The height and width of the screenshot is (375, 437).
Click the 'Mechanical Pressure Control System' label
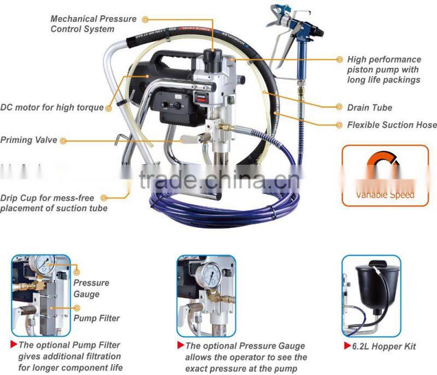pos(93,24)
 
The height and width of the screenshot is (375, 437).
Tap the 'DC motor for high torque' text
pos(52,107)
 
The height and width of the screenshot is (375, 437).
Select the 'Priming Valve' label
pos(28,140)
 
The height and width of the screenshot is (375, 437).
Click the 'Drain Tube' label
pos(369,108)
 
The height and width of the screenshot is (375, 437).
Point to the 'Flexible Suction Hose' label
pos(392,125)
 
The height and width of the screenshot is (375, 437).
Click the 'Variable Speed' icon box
pos(385,175)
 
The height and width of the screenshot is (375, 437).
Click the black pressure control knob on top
pos(210,57)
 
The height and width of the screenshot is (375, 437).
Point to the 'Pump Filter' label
pos(96,318)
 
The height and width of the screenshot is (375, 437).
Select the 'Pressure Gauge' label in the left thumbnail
pos(91,289)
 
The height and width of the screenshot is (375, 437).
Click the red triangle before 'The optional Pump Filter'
pos(14,344)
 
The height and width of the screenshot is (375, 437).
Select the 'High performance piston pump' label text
pos(383,70)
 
